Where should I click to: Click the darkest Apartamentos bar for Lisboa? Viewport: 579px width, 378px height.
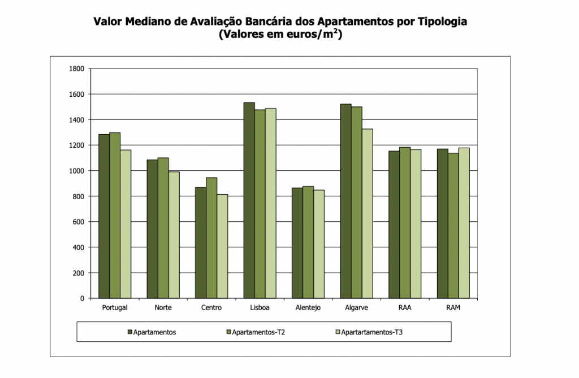coord(249,200)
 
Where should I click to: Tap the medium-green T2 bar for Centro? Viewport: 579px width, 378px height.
coord(211,238)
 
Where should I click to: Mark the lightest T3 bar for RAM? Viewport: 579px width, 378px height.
coord(464,223)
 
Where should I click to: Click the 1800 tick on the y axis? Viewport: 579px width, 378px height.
coord(76,69)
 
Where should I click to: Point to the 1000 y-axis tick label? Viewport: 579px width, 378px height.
coord(76,171)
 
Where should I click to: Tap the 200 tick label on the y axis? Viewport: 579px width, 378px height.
coord(78,273)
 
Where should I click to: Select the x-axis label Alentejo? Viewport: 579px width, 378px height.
coord(308,308)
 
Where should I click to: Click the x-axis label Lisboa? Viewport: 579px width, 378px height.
coord(260,308)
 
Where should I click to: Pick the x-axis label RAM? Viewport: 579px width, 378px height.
coord(453,308)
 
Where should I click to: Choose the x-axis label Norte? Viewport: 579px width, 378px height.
coord(163,308)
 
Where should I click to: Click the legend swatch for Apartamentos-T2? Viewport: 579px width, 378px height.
coord(228,332)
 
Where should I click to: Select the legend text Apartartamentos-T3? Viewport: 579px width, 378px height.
coord(371,332)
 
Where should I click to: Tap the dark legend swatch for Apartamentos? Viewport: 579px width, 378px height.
coord(130,332)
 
